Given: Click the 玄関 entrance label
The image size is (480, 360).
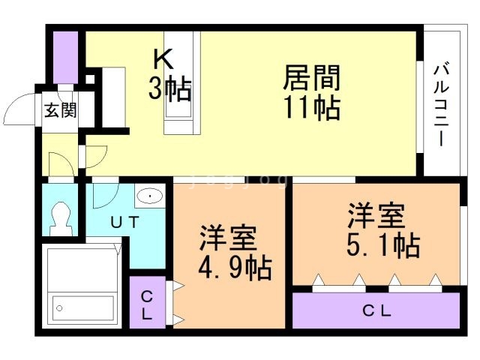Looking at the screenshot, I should click(59, 111).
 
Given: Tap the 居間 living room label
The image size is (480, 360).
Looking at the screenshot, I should click(311, 76).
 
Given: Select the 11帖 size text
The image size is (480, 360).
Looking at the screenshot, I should click(311, 108).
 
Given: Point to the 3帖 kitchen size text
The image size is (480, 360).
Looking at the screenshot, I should click(169, 89).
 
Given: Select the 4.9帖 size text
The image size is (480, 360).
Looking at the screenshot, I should click(235, 265).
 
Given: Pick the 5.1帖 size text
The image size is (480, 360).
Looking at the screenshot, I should click(382, 245).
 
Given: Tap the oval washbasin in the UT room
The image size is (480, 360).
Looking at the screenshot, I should click(150, 196).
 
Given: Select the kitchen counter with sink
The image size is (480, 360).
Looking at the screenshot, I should click(183, 82).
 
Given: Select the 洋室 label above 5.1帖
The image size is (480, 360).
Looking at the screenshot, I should click(376, 216).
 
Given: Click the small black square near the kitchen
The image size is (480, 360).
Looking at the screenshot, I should click(90, 79).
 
